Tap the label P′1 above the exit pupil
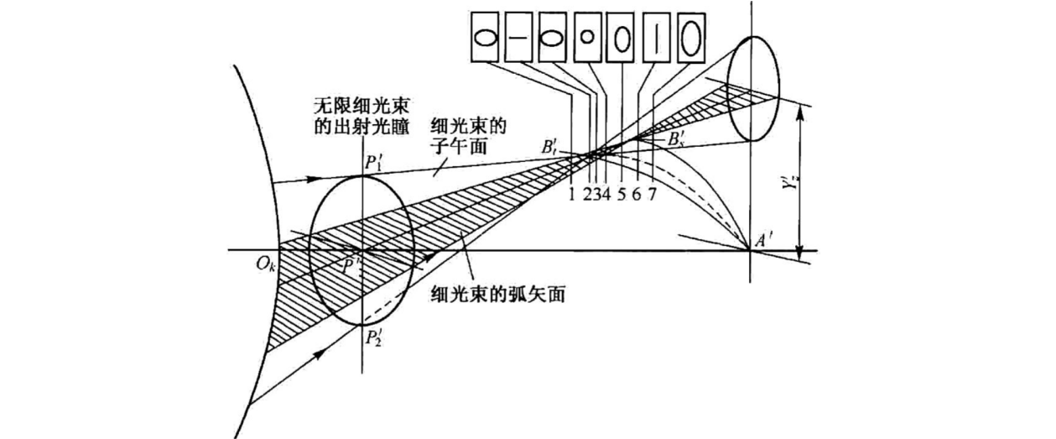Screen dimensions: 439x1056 pyautogui.click(x=376, y=162)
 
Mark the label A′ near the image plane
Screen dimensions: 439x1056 pyautogui.click(x=762, y=238)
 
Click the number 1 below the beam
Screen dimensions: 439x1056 pyautogui.click(x=571, y=195)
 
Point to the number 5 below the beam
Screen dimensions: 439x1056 pyautogui.click(x=622, y=195)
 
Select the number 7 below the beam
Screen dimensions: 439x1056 pyautogui.click(x=652, y=195)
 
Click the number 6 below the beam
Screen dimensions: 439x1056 pyautogui.click(x=637, y=195)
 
